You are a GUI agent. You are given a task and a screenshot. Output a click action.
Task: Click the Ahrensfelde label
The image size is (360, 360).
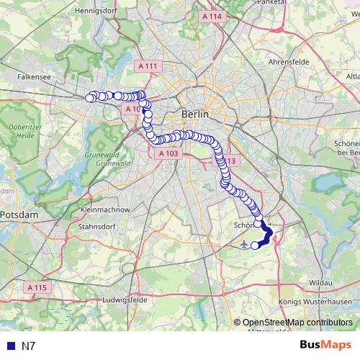point(288,63)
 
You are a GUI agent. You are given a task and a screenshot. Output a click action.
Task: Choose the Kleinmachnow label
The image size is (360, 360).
point(105,210)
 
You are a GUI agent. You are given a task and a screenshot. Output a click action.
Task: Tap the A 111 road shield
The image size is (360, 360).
point(147,66)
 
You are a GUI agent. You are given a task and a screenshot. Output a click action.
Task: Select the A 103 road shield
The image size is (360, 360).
point(168,153)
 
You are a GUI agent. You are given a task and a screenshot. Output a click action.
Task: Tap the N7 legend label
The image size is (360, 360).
point(29,346)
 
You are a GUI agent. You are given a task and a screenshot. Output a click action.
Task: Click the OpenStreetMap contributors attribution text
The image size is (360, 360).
point(297,323)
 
